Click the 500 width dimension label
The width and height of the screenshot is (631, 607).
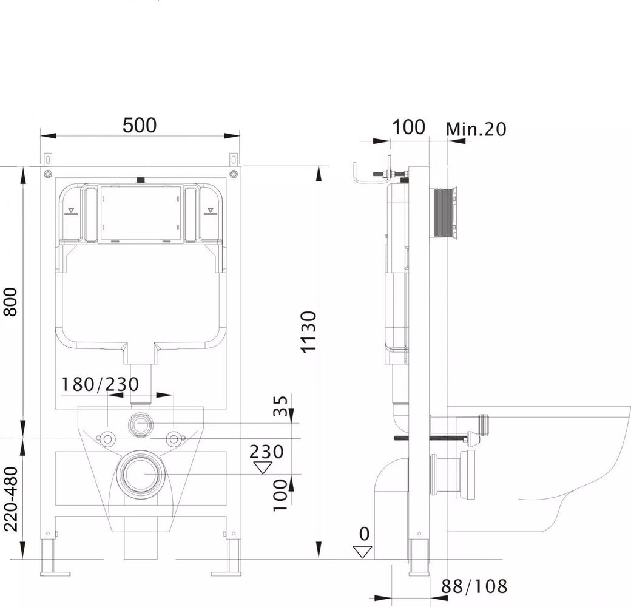pos(139,125)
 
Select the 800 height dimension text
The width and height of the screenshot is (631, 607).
pos(11,302)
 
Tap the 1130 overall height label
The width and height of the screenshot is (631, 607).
pos(310,332)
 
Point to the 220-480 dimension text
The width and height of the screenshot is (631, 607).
pos(11,499)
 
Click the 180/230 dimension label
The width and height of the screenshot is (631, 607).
pos(100,384)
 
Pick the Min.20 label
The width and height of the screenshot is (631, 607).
pos(476,129)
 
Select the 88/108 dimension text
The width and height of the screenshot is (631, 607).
pos(474,586)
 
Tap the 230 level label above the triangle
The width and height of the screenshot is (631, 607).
pos(266,452)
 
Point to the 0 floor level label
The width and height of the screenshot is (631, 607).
pos(364,534)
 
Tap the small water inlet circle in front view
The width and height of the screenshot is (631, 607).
pos(140,424)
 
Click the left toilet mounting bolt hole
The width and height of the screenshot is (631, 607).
pos(107,438)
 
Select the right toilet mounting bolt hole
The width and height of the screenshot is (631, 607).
pos(174,438)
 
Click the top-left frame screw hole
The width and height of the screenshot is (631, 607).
pos(48,174)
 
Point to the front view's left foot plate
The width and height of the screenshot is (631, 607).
pos(55,574)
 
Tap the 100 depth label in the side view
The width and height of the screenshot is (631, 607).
pos(408,127)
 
